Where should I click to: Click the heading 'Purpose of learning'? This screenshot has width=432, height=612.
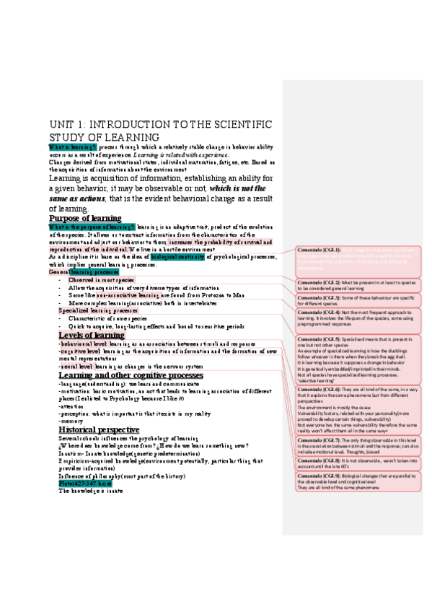click(85, 218)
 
